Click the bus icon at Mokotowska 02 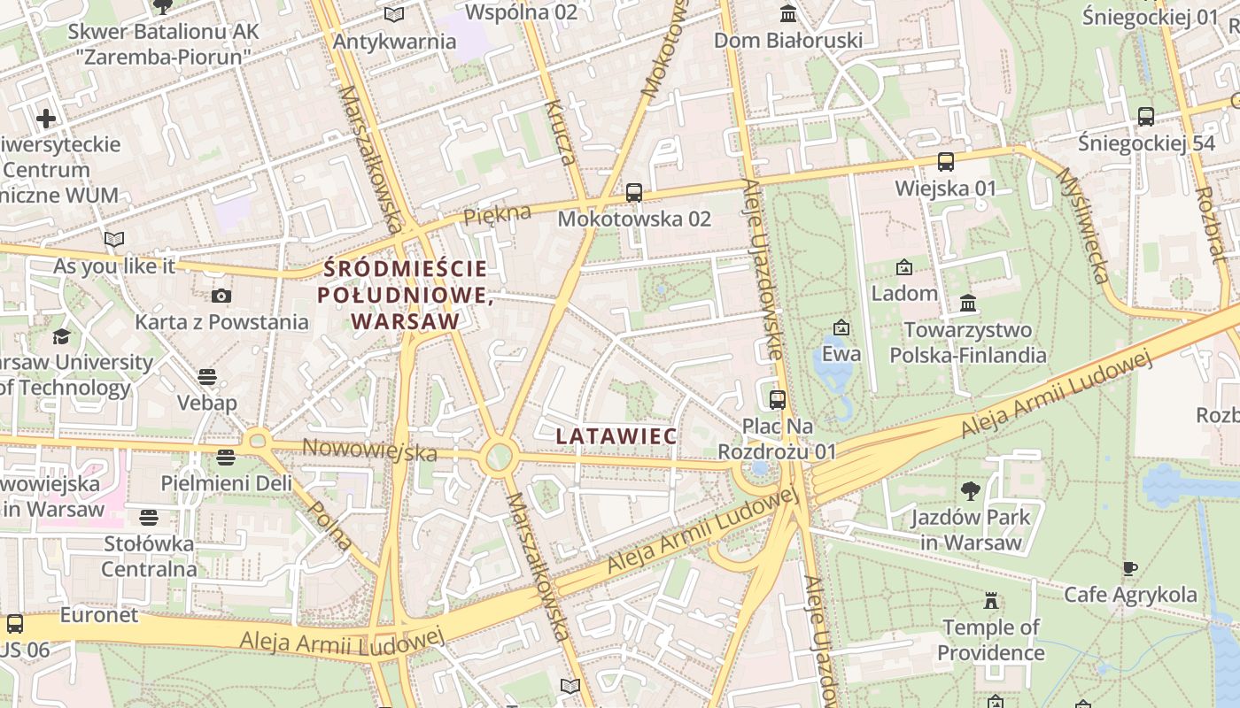[633, 192]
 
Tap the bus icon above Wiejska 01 [945, 162]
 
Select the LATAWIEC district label [616, 435]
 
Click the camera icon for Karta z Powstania [221, 296]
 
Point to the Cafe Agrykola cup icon [1129, 568]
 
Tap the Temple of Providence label [991, 640]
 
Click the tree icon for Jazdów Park [971, 490]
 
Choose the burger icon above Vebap [207, 377]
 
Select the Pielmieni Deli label [226, 483]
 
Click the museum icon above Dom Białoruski [787, 13]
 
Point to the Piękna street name [497, 214]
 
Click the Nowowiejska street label [369, 450]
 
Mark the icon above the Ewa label [841, 328]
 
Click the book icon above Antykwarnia [394, 14]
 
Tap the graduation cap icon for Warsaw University [61, 336]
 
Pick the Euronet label [99, 614]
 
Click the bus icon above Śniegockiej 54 [1145, 116]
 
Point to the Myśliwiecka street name [1082, 226]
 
